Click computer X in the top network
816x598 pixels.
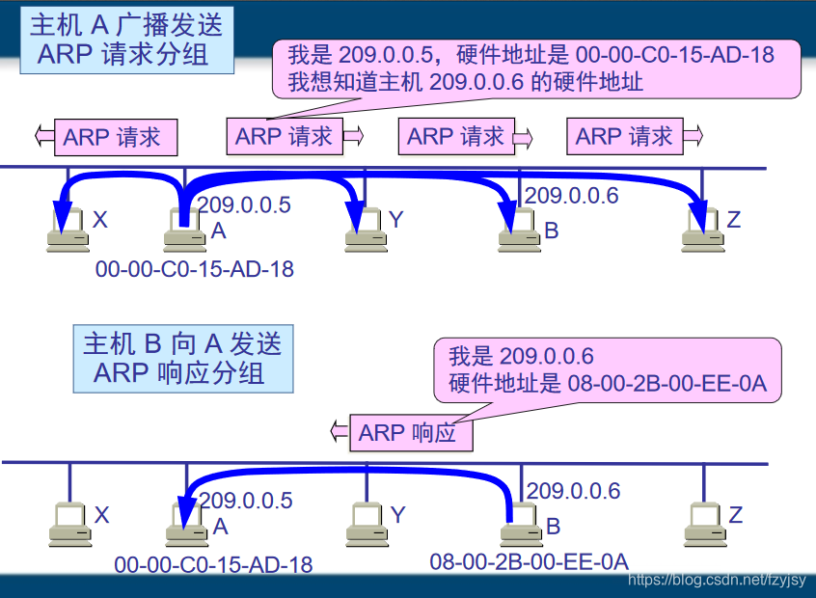tap(68, 232)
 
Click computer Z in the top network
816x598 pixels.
tap(701, 231)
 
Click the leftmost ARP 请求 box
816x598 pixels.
tap(112, 137)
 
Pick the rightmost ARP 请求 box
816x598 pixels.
tap(624, 137)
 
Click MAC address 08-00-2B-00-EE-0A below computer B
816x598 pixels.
tap(529, 561)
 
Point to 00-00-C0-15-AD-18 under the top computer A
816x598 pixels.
tap(194, 269)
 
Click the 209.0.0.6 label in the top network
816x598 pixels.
tap(571, 196)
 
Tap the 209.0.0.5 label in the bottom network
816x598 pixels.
tap(245, 501)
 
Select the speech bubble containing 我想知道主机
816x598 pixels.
tap(536, 68)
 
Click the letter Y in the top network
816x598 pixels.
tap(395, 221)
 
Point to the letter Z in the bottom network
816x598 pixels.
tap(736, 516)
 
